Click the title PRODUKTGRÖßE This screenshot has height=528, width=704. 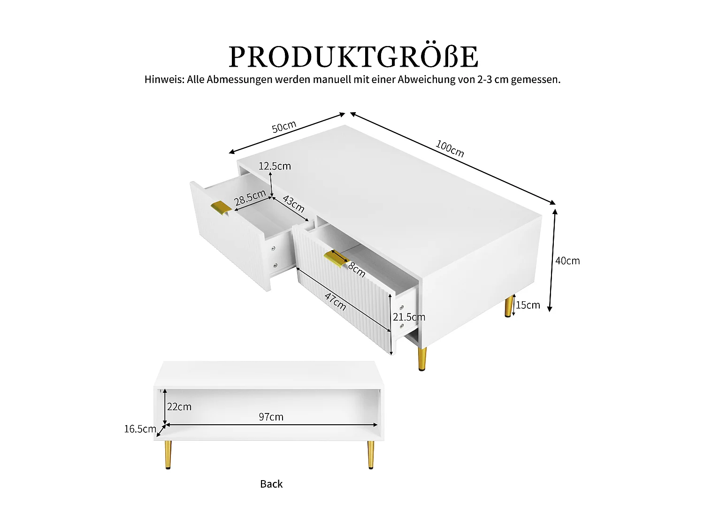(353, 57)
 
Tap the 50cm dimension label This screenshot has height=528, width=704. (284, 127)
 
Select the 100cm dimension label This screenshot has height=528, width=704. (450, 149)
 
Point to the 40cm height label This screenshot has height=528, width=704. (567, 261)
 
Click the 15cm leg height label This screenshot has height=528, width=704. (528, 305)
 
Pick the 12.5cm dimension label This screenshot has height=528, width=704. (275, 166)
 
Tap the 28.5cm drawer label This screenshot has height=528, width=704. (250, 198)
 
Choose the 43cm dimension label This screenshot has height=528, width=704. (293, 204)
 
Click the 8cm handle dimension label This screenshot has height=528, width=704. (357, 269)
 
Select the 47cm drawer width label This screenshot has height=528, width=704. (336, 302)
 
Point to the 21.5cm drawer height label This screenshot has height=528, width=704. (409, 317)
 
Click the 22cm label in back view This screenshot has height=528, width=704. (179, 407)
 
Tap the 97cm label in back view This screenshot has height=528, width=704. (271, 417)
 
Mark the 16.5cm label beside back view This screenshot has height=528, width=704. (140, 429)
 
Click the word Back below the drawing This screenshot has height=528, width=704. (271, 484)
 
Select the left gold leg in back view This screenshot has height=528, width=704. (168, 454)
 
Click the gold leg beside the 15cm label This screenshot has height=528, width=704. (509, 306)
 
